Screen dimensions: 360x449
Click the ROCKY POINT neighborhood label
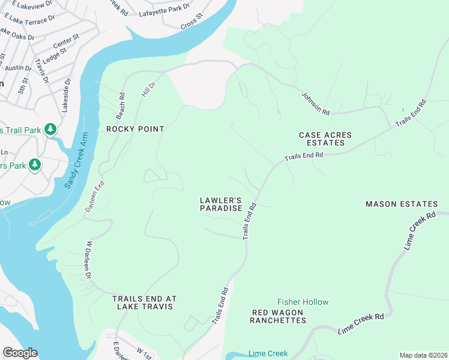pos(135,129)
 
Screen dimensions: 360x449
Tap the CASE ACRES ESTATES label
pos(325,139)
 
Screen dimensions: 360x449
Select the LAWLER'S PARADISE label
pos(221,204)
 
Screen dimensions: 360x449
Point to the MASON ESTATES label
pos(398,204)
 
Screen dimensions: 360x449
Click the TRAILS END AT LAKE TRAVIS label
pos(143,302)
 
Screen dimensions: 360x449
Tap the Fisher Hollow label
pos(303,302)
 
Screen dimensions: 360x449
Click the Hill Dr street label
pos(147,91)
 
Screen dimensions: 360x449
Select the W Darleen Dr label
pos(89,260)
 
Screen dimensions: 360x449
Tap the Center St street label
pos(66,42)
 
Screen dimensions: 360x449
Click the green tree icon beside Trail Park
pos(51,129)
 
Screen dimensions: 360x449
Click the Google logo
pos(20,353)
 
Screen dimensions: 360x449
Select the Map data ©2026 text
pos(423,355)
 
